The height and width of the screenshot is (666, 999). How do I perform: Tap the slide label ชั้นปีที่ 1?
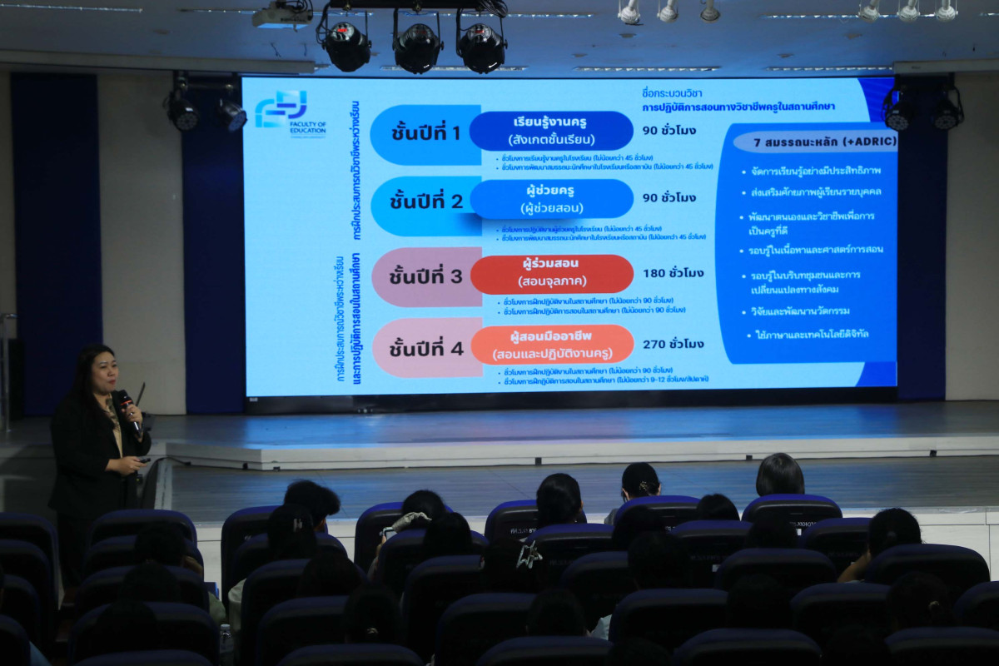425,133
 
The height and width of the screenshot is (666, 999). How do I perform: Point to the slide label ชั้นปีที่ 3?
426,276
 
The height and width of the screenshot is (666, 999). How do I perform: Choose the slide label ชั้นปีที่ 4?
426,348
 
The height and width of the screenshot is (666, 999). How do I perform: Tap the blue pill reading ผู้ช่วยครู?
551,199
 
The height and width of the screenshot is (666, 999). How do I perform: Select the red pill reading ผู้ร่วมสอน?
551,274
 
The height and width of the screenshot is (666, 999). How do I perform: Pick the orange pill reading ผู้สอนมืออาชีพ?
551,345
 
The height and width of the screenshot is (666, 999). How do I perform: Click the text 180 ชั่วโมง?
673,273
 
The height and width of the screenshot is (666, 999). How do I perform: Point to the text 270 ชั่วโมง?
673,344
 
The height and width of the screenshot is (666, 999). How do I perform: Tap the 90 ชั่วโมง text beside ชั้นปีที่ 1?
669,131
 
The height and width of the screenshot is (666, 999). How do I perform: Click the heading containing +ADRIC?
814,142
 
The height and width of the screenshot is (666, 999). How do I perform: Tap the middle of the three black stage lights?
418,47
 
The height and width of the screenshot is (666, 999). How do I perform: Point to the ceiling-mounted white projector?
282,15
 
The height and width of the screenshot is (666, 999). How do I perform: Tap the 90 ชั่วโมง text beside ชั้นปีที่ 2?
669,198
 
